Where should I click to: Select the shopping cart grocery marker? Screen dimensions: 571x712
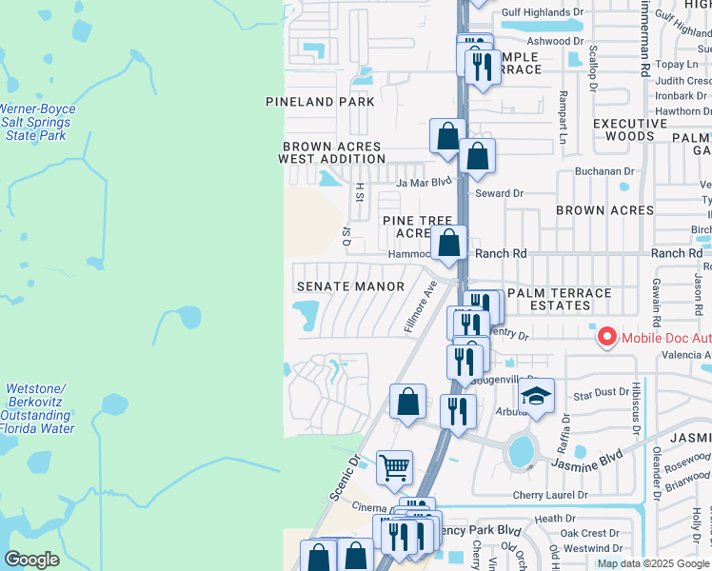tap(394, 467)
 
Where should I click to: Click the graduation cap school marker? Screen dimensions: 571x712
tap(537, 396)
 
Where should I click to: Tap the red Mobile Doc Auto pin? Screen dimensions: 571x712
tap(604, 337)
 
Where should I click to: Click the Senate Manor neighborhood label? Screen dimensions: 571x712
tap(350, 286)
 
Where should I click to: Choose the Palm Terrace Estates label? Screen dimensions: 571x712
tap(561, 299)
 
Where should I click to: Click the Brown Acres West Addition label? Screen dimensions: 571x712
tap(330, 153)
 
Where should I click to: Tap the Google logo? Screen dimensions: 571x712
tap(32, 560)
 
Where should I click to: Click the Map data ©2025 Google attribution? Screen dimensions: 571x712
tap(653, 563)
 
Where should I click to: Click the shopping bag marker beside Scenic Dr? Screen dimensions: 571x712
tap(407, 400)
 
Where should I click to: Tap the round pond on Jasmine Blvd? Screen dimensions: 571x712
tap(521, 452)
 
